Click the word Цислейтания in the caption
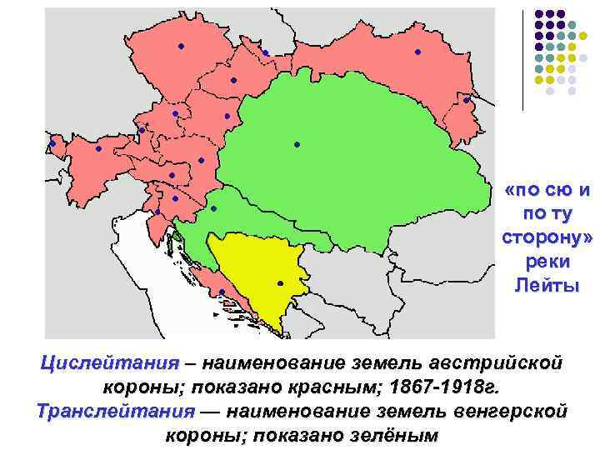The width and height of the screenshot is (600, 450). tap(110, 364)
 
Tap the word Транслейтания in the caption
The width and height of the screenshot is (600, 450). tap(115, 412)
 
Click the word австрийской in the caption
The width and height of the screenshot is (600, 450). tap(495, 364)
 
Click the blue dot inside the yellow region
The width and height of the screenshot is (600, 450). tap(280, 283)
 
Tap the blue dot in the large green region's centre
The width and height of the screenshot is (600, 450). tap(297, 145)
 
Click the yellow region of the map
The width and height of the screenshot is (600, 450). tap(258, 275)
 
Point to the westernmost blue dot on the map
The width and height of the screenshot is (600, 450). tap(52, 144)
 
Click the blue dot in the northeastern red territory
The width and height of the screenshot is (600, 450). tap(417, 52)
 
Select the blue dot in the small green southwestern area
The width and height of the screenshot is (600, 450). tap(213, 208)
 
